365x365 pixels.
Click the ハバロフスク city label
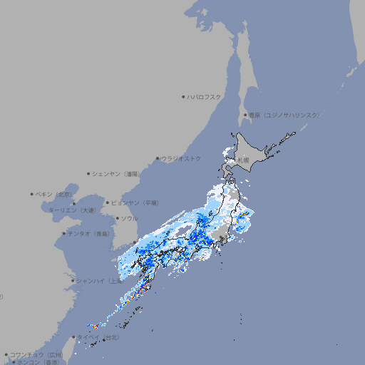coord(205,96)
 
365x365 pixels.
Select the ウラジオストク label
coord(181,158)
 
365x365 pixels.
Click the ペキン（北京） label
coord(55,194)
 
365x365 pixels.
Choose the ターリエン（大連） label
coord(72,210)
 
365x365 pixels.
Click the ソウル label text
coord(129,218)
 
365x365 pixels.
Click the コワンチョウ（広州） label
coord(36,354)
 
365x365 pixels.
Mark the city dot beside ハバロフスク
coord(183,96)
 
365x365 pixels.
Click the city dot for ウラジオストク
coord(158,158)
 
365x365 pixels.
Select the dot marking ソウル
coord(117,218)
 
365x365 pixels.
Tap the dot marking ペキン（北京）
coord(32,194)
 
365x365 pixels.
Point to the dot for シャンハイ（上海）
coord(73,281)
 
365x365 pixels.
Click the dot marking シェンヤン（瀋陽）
coord(88,173)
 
